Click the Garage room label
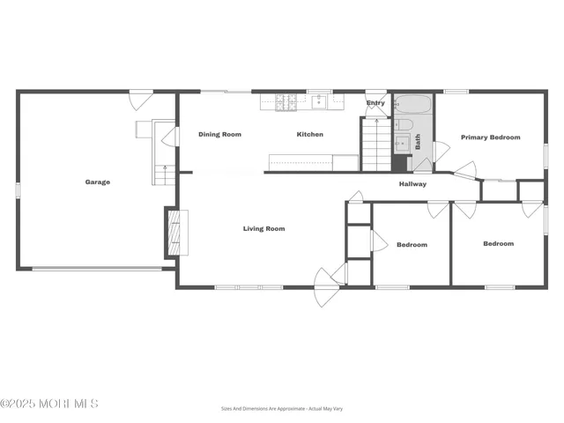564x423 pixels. point(97,182)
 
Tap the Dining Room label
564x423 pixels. point(219,135)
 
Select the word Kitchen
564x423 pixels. point(309,135)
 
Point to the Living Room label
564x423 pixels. point(264,229)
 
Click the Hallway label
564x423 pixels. point(412,184)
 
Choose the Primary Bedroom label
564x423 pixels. point(491,137)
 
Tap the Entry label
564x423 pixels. point(375,103)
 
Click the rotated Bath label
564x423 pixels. point(418,140)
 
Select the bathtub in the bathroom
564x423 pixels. point(412,106)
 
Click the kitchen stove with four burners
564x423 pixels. point(286,102)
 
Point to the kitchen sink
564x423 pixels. point(317,102)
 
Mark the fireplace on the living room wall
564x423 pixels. point(174,232)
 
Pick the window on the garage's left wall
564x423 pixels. point(18,189)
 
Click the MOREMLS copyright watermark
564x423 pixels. point(49,404)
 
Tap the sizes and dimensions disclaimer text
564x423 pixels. point(282,409)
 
